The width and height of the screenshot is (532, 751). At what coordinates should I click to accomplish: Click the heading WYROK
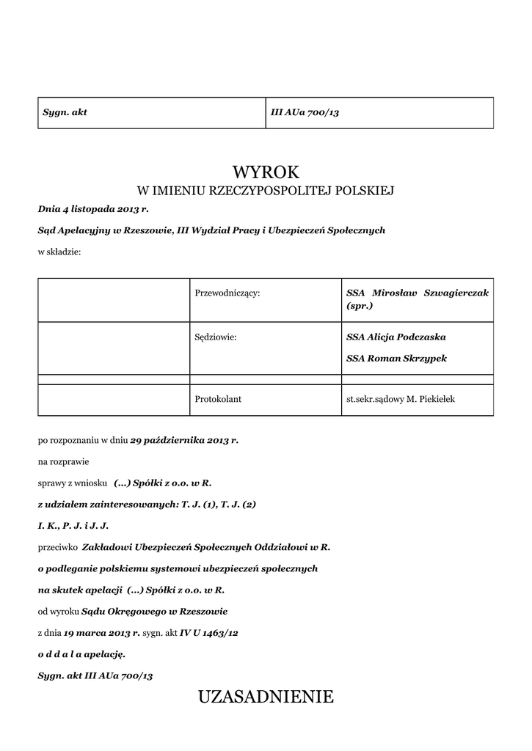pyautogui.click(x=266, y=172)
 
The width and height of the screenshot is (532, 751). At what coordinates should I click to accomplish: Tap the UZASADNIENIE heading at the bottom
pyautogui.click(x=266, y=697)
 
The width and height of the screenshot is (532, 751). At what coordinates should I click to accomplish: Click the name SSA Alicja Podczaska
pyautogui.click(x=396, y=337)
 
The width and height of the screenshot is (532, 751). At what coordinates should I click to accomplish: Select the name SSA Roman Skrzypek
pyautogui.click(x=396, y=359)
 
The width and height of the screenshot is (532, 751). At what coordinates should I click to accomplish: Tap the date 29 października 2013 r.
pyautogui.click(x=184, y=441)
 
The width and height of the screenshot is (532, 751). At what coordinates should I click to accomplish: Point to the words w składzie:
pyautogui.click(x=59, y=252)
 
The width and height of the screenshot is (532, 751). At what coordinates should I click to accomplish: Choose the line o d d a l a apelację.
pyautogui.click(x=81, y=653)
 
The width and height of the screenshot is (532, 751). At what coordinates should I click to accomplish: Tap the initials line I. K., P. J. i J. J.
pyautogui.click(x=73, y=526)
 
